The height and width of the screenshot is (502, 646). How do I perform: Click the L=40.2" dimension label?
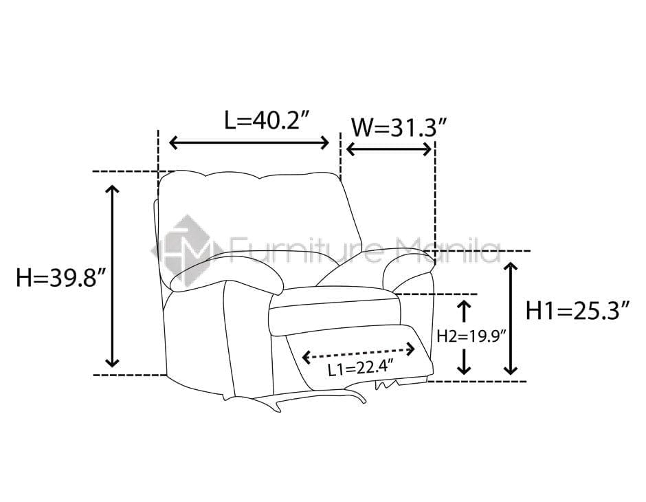point(267,120)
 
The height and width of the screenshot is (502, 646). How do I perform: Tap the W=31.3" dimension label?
point(399,127)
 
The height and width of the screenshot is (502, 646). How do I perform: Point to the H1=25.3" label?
point(578,310)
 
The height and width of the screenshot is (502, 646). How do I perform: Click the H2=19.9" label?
point(471,337)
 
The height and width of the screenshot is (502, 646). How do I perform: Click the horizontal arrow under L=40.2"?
point(249,143)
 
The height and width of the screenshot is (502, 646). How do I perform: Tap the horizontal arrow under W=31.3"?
point(389,149)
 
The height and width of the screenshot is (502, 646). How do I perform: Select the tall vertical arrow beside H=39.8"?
point(112,276)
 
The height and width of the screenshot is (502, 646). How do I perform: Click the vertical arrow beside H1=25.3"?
point(511,318)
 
